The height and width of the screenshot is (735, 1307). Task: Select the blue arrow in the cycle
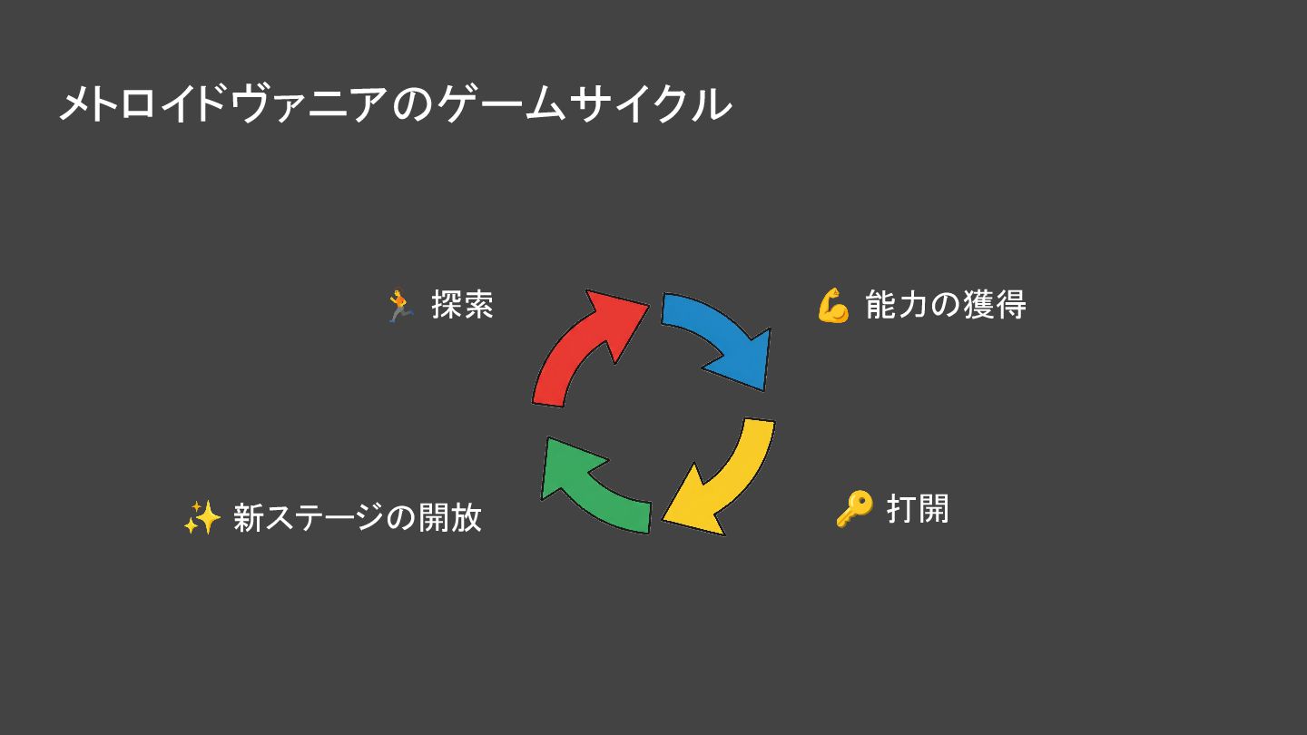click(717, 336)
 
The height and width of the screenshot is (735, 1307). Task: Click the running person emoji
click(399, 306)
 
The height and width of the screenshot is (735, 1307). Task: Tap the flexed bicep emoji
click(832, 306)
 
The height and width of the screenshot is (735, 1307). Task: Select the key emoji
click(853, 509)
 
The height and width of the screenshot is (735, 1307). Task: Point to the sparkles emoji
click(201, 518)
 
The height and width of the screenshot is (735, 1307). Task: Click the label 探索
click(462, 305)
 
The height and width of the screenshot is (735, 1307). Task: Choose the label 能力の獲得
click(946, 305)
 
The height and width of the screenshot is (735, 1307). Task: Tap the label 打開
click(918, 508)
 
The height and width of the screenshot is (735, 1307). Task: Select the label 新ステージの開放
click(357, 517)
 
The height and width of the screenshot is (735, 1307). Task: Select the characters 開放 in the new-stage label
click(449, 517)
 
